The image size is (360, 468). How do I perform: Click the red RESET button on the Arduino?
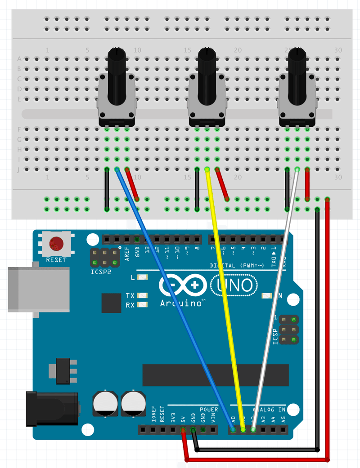(x=56, y=243)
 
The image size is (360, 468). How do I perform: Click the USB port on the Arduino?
(x=38, y=289)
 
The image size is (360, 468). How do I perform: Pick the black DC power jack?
(x=52, y=408)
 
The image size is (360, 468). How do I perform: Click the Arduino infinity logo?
(x=182, y=285)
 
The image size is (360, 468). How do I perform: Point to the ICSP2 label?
(x=100, y=272)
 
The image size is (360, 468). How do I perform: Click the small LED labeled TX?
(x=143, y=295)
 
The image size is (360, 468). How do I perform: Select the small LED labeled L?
(x=143, y=277)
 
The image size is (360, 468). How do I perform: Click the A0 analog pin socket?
(x=233, y=430)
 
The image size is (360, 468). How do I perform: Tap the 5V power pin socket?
(x=183, y=430)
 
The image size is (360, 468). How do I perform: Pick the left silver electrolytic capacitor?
(x=105, y=403)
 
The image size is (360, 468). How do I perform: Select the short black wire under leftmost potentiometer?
(x=107, y=189)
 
